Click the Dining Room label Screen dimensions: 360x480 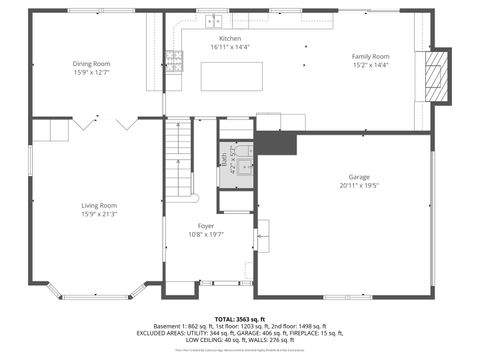91,63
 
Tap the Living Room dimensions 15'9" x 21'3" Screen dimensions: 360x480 99,215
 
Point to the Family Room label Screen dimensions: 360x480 370,56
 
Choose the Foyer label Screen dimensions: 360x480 205,226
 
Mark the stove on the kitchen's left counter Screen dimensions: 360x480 173,61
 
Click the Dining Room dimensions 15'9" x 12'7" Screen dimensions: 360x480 91,72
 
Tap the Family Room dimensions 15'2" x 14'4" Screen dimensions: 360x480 370,65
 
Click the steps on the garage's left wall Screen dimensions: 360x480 263,235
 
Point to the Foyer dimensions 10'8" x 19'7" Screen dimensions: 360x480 205,235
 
